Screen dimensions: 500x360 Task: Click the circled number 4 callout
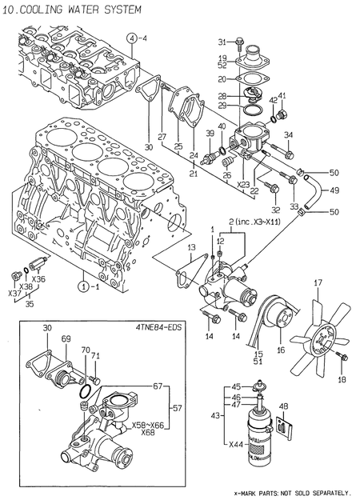[x=131, y=38]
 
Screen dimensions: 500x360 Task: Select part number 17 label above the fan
[x=317, y=282]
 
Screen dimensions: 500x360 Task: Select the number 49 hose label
[x=334, y=190]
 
